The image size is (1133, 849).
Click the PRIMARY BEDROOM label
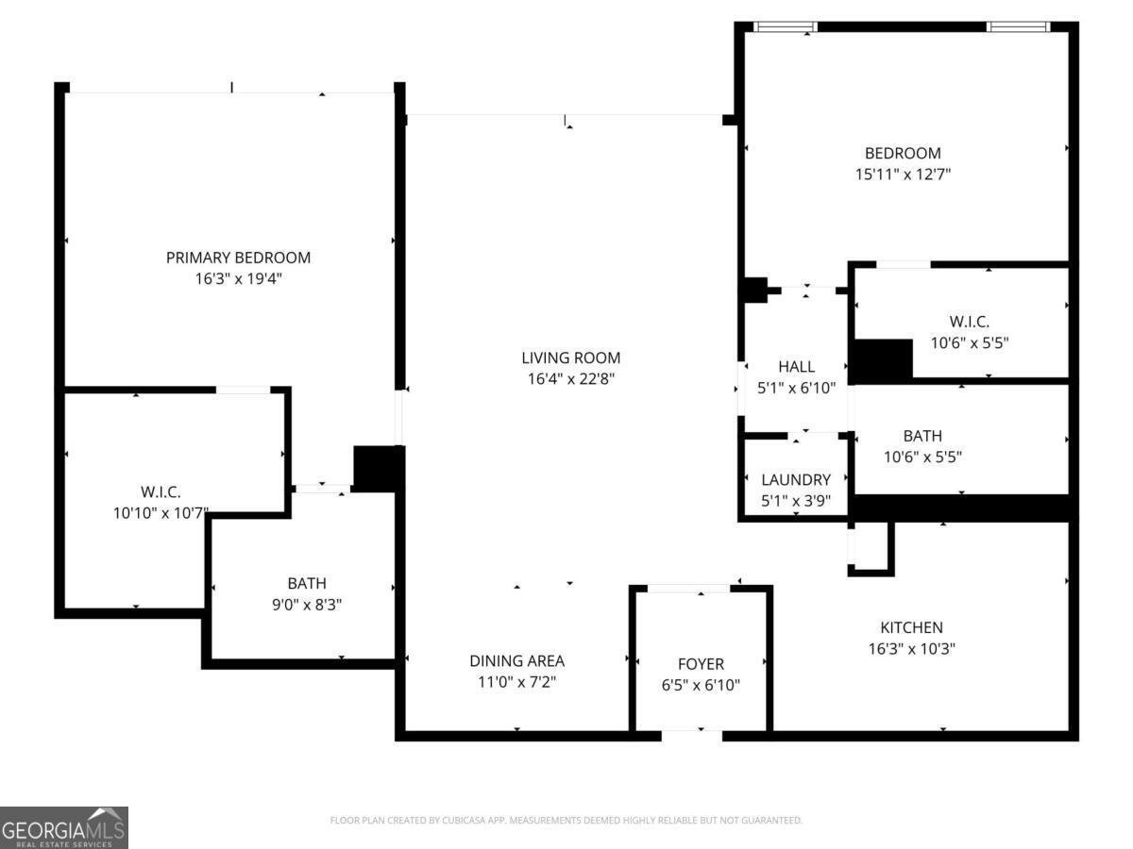pyautogui.click(x=238, y=258)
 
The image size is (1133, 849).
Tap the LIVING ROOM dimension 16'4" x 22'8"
pyautogui.click(x=570, y=379)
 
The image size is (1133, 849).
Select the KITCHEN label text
pyautogui.click(x=911, y=627)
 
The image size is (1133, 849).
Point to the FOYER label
pyautogui.click(x=701, y=664)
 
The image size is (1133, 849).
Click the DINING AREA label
pyautogui.click(x=516, y=661)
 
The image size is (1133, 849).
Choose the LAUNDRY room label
pyautogui.click(x=796, y=480)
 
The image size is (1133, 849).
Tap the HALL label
pyautogui.click(x=796, y=367)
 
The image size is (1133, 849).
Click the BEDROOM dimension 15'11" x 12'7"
pyautogui.click(x=903, y=175)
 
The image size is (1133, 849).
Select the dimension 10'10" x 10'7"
pyautogui.click(x=160, y=513)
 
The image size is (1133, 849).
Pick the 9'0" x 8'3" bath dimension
pyautogui.click(x=307, y=605)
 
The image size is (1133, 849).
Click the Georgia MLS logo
pyautogui.click(x=64, y=827)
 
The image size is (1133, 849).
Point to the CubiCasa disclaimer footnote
pyautogui.click(x=566, y=821)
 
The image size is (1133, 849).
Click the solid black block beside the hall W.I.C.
pyautogui.click(x=883, y=360)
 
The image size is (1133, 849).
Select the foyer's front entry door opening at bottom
pyautogui.click(x=691, y=733)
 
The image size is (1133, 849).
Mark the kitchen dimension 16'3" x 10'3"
pyautogui.click(x=911, y=649)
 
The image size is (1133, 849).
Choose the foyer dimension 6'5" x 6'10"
pyautogui.click(x=701, y=686)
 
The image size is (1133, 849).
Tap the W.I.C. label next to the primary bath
pyautogui.click(x=160, y=491)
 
